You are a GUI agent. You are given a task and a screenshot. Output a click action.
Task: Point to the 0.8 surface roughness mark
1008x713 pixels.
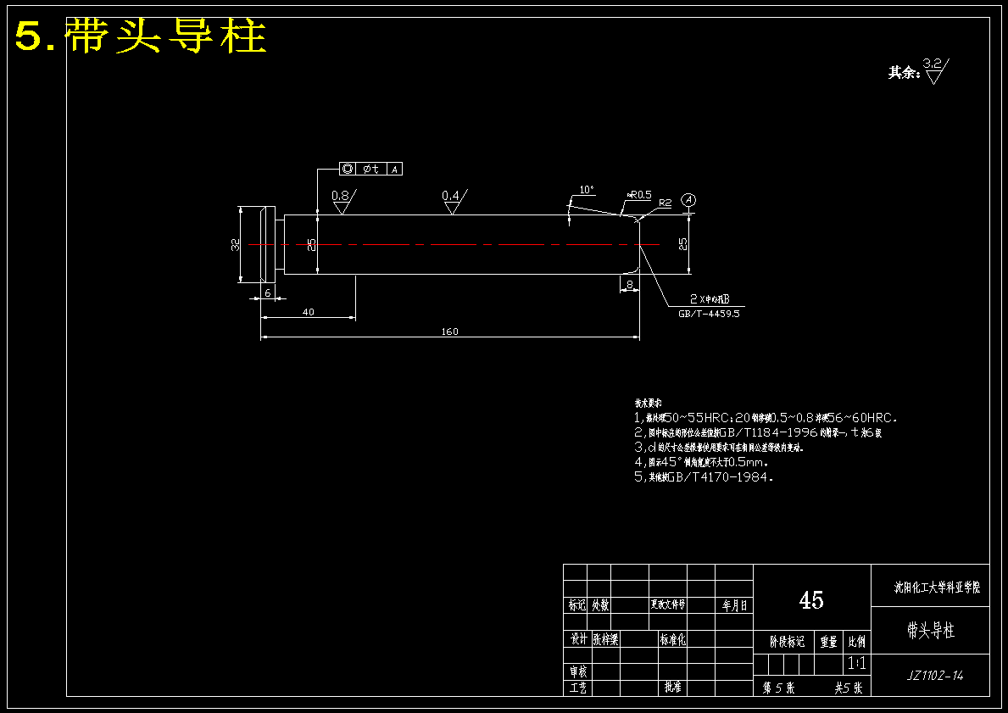(342, 200)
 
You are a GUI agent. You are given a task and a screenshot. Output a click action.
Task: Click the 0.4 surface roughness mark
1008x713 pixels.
(451, 200)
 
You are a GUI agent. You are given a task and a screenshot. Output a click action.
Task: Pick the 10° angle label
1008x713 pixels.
(586, 189)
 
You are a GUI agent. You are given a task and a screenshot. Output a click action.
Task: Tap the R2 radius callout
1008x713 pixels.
(665, 203)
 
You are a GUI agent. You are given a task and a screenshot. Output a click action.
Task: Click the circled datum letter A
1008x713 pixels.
(689, 199)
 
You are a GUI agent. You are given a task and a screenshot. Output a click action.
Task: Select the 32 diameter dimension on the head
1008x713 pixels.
(235, 244)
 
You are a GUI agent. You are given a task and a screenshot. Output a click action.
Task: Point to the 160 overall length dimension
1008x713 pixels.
(449, 331)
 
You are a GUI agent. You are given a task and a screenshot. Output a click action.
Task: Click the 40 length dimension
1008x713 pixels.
(308, 312)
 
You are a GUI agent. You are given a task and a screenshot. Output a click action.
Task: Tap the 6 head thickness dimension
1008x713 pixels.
(268, 292)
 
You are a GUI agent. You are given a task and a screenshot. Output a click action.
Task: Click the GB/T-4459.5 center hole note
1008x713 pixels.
(709, 314)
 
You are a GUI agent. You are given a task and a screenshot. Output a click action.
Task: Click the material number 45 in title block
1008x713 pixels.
(810, 600)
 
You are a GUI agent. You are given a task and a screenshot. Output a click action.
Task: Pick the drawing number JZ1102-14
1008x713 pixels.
(934, 676)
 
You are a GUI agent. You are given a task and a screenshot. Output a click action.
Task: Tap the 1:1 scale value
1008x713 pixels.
(856, 663)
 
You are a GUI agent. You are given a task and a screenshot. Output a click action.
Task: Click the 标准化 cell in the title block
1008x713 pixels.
(673, 640)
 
